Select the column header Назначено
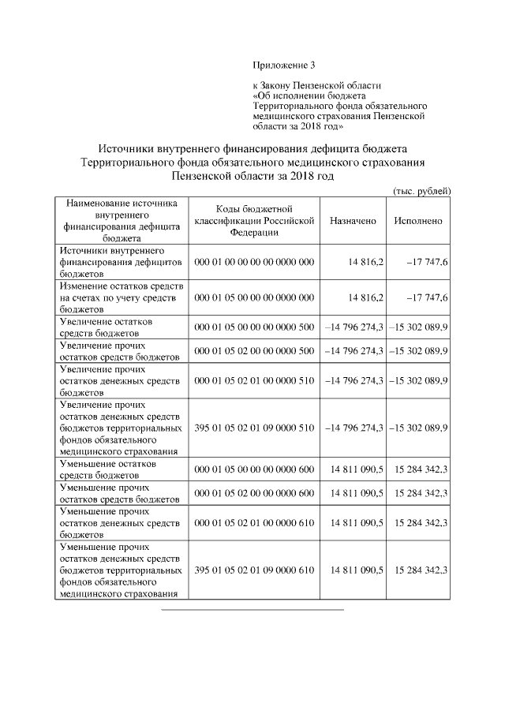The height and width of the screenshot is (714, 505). pos(353,222)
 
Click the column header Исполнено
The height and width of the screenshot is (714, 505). pos(417,222)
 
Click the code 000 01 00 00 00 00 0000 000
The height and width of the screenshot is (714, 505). pos(253,261)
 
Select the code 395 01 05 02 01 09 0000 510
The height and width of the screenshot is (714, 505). pos(253,428)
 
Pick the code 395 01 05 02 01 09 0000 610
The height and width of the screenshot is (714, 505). pos(253,570)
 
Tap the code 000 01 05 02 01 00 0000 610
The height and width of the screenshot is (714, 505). pos(253,522)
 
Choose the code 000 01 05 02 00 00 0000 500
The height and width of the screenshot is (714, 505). pos(253,350)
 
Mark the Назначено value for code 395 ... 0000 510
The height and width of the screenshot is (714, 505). pos(354,428)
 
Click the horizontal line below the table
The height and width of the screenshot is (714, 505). pos(252,609)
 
